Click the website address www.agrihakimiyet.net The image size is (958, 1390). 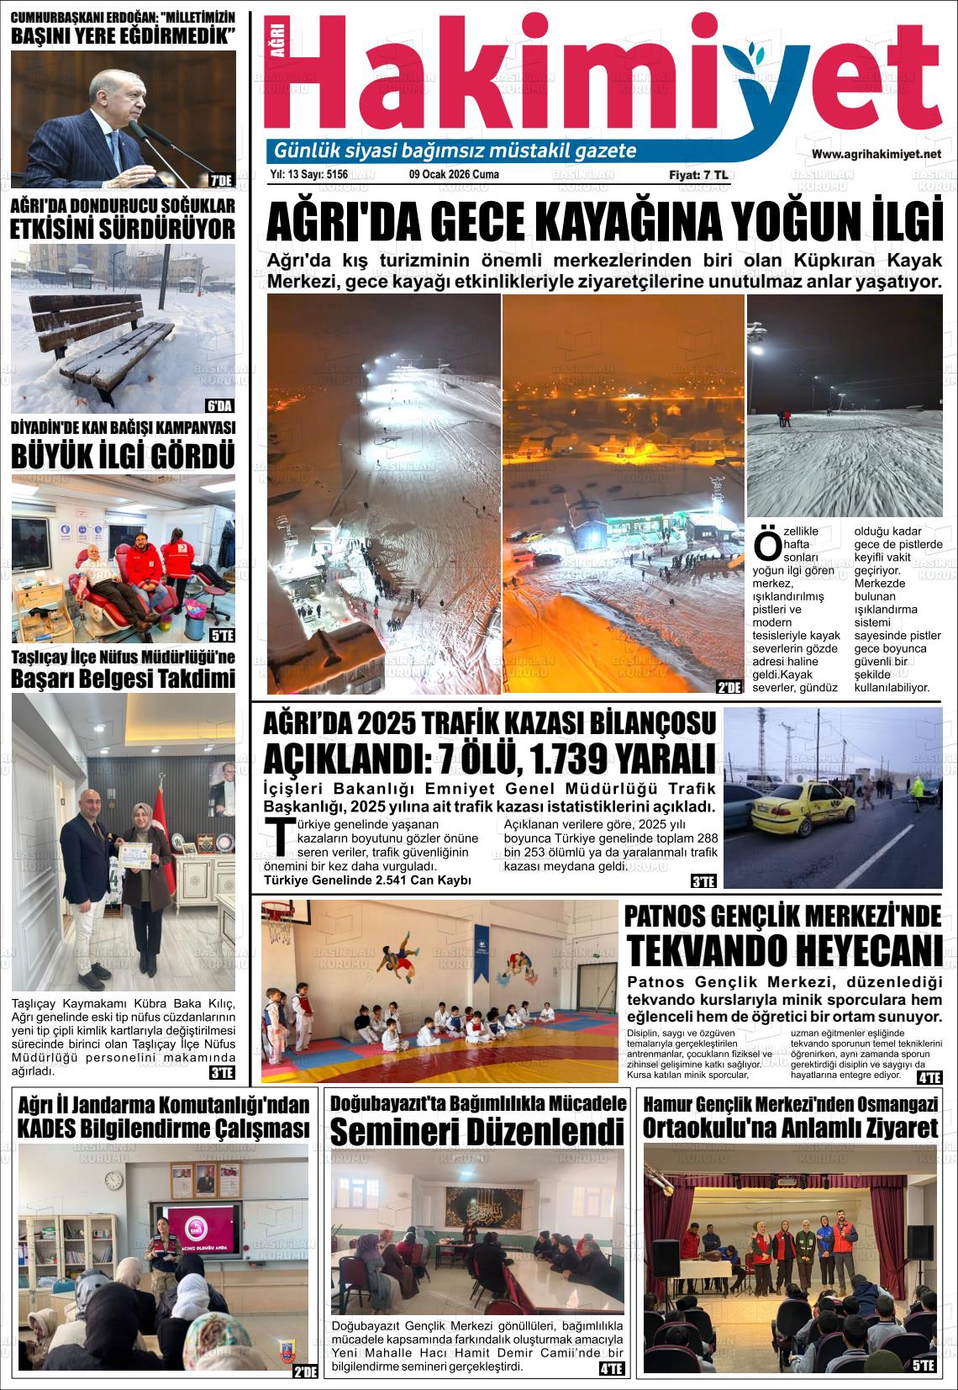876,154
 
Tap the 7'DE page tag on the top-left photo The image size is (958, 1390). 221,179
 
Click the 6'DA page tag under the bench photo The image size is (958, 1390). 220,404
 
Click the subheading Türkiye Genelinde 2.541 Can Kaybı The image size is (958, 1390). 367,880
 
